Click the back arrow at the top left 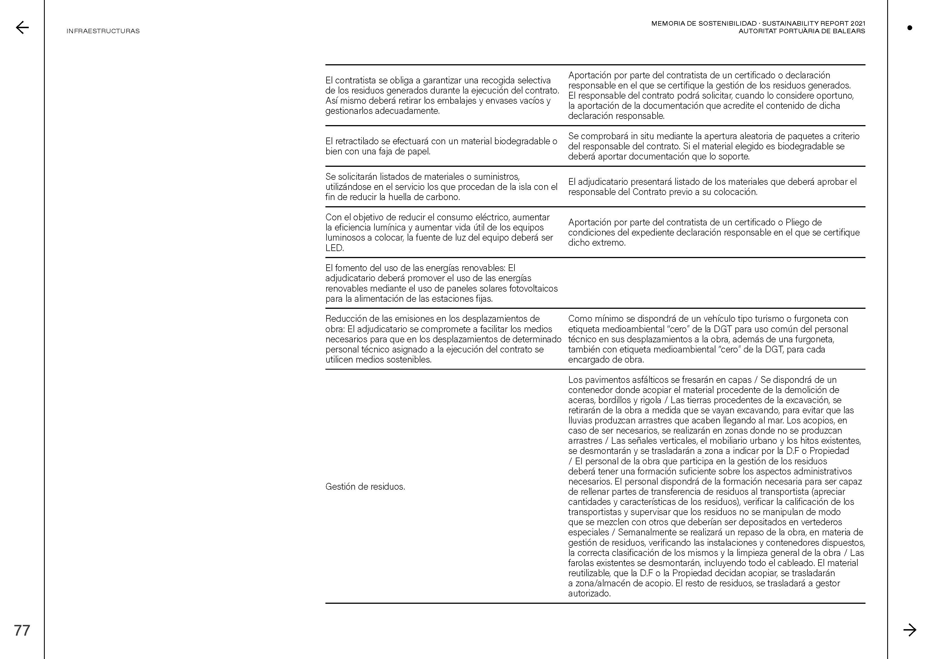(x=22, y=28)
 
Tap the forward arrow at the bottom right (x=910, y=630)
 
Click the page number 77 (x=22, y=630)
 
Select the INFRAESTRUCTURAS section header (x=103, y=31)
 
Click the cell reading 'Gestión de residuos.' (x=365, y=487)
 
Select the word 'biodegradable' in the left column (x=519, y=141)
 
